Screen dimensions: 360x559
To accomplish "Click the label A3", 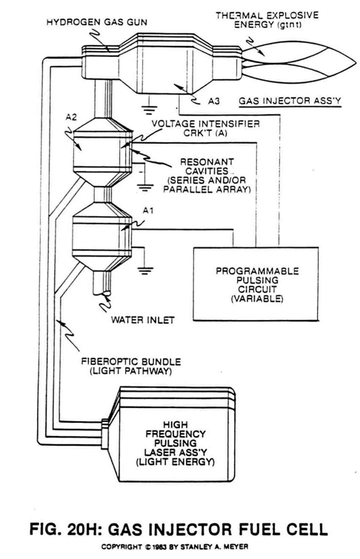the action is coord(214,101).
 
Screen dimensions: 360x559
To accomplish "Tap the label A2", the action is coord(71,118).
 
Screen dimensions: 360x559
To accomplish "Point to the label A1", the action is coord(148,211).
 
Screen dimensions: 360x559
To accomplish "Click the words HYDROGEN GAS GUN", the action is coord(97,22).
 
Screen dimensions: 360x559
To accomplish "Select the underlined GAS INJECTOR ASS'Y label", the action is coord(290,101).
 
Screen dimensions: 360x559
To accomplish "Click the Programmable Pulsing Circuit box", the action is coord(256,284).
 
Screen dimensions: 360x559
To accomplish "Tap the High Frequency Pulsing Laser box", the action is coord(174,434).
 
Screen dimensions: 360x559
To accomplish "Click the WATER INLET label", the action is coord(142,320).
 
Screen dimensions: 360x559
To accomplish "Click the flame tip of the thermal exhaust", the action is coord(356,63).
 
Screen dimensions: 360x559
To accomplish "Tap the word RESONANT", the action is coord(207,162).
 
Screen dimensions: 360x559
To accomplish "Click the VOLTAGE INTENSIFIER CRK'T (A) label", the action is coord(205,128).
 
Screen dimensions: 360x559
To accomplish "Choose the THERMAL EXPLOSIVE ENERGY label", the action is coord(267,20).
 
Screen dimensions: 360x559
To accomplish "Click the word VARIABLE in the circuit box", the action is coord(257,298).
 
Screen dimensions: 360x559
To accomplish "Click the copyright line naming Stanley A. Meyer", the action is coord(175,546).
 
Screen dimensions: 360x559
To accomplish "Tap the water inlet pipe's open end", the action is coord(101,293).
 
